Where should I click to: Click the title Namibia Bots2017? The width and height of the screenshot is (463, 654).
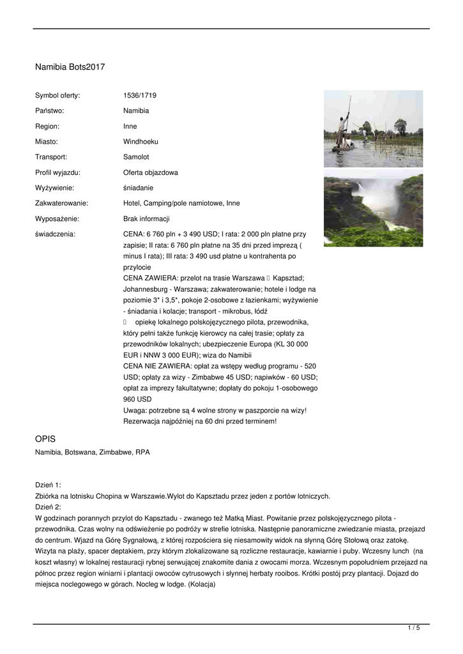coord(70,66)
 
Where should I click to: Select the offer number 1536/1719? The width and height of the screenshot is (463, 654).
coord(140,95)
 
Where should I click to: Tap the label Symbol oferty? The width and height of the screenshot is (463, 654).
coord(57,95)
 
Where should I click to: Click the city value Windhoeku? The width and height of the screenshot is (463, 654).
coord(140,141)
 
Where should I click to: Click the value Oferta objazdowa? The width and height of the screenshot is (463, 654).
coord(151,172)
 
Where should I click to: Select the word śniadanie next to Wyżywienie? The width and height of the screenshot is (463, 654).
coord(139,188)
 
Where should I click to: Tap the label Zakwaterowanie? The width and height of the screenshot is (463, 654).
coord(61,203)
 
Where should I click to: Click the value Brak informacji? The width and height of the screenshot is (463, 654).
coord(146,218)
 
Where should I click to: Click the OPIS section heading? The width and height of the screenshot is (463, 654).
coord(45,439)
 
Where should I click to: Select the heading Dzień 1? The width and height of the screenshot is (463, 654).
coord(48,485)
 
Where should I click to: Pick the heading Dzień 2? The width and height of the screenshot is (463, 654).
coord(48,508)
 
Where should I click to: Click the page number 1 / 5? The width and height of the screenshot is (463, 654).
coord(414,628)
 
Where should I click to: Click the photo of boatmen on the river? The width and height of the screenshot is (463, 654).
coord(373,128)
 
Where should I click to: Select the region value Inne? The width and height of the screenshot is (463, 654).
coord(130,126)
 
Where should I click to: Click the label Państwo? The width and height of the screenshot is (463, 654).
coord(49,110)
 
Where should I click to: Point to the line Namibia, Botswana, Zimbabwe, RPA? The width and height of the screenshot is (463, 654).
coord(93,452)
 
